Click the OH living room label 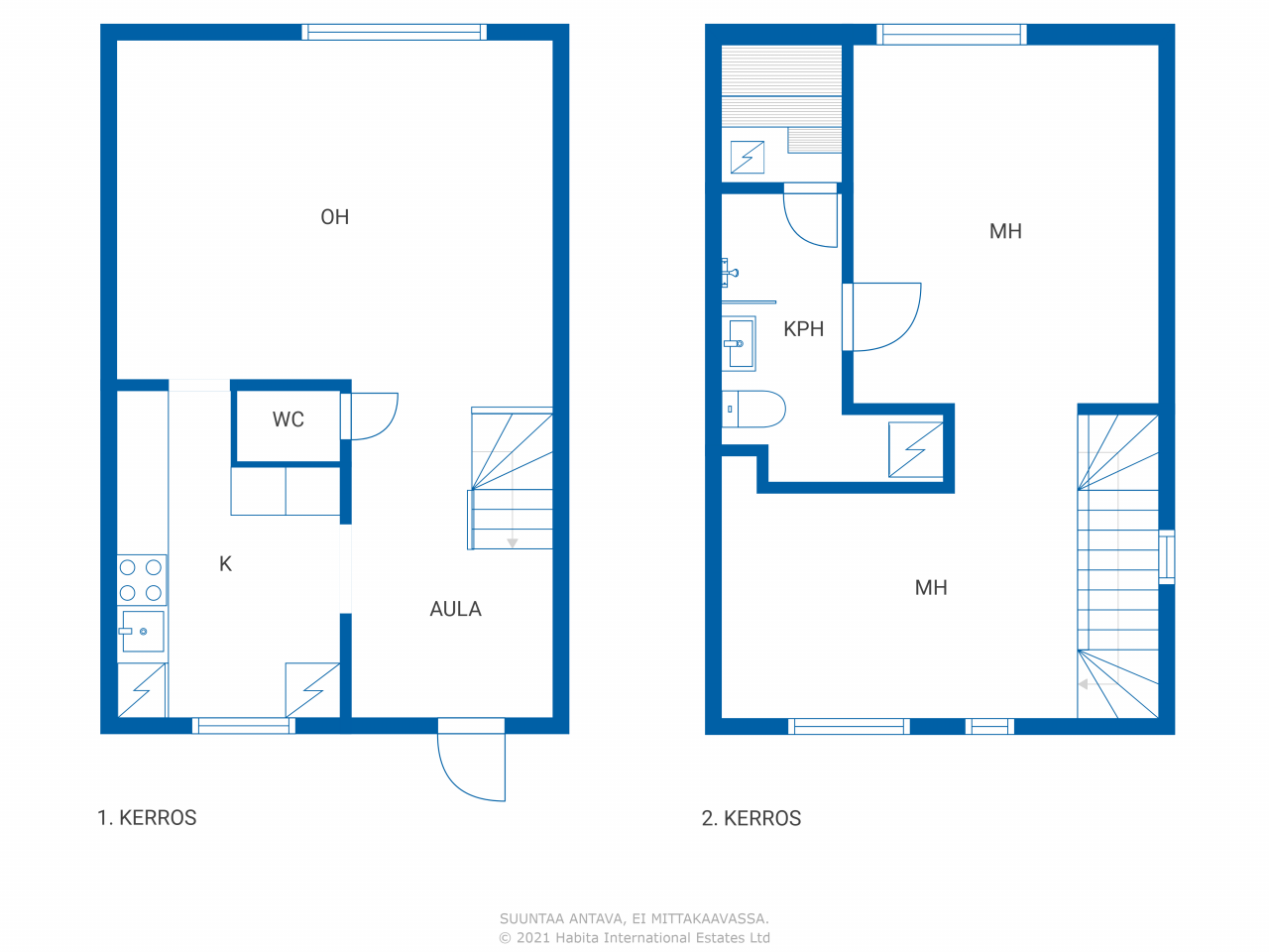pyautogui.click(x=335, y=217)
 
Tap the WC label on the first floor pyautogui.click(x=288, y=419)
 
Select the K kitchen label pyautogui.click(x=225, y=564)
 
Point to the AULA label pyautogui.click(x=456, y=609)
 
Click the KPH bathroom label pyautogui.click(x=804, y=329)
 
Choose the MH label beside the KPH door pyautogui.click(x=1005, y=232)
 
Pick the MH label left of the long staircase pyautogui.click(x=931, y=588)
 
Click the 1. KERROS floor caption pyautogui.click(x=147, y=818)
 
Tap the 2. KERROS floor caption pyautogui.click(x=751, y=818)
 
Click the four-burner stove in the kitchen pyautogui.click(x=141, y=580)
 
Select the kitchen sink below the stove pyautogui.click(x=142, y=632)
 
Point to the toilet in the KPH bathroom pyautogui.click(x=753, y=410)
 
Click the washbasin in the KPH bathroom pyautogui.click(x=739, y=343)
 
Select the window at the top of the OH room pyautogui.click(x=395, y=33)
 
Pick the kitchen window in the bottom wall pyautogui.click(x=244, y=726)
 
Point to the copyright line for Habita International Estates pyautogui.click(x=634, y=938)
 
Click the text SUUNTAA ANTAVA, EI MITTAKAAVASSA pyautogui.click(x=634, y=918)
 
